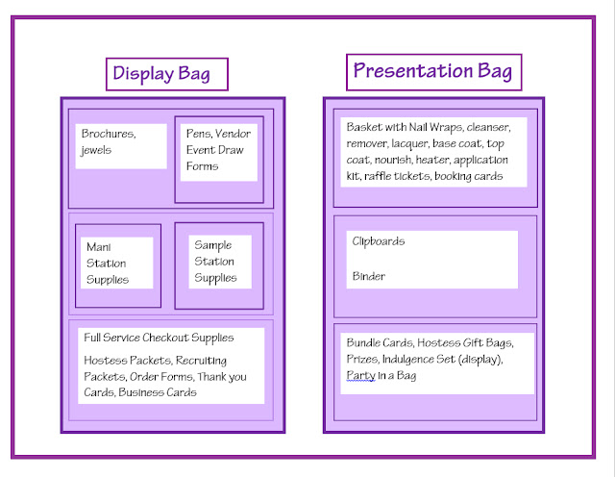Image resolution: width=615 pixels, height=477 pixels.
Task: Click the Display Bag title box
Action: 167,74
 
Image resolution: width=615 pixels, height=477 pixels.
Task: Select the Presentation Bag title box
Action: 433,72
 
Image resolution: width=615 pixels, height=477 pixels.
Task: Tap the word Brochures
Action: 109,134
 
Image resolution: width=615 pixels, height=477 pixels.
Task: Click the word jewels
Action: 96,150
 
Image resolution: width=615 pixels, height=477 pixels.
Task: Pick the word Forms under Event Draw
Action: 203,166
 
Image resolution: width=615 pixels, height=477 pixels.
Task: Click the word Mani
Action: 98,247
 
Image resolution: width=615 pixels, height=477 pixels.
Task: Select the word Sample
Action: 213,245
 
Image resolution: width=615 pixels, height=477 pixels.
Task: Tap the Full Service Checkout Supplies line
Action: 159,338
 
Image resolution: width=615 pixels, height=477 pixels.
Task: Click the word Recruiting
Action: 201,360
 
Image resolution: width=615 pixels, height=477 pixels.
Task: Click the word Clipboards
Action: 379,241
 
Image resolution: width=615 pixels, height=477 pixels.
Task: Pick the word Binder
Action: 369,276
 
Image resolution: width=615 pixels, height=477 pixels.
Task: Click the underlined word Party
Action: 361,376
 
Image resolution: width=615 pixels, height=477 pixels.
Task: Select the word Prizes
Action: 362,360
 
